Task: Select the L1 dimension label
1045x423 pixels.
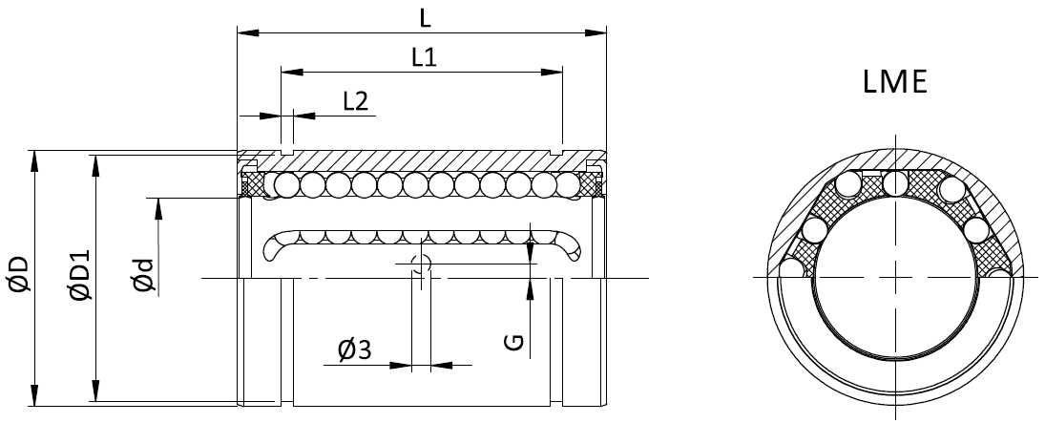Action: click(x=424, y=58)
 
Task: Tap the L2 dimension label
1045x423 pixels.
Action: click(x=355, y=101)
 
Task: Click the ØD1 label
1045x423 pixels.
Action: click(x=78, y=275)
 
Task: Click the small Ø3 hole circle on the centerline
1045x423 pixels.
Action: click(x=422, y=264)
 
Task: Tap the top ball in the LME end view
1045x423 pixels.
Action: click(x=895, y=181)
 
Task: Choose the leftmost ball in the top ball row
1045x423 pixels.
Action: click(x=284, y=183)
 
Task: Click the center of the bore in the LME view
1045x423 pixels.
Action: click(x=895, y=277)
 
